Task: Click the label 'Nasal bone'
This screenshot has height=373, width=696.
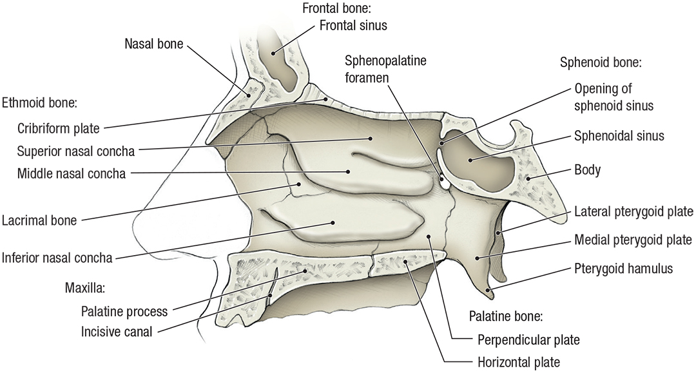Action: (x=154, y=44)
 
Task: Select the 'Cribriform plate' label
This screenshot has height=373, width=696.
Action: (x=59, y=128)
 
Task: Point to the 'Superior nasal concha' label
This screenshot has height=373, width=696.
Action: (x=76, y=152)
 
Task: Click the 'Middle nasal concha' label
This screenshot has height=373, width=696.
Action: (x=72, y=173)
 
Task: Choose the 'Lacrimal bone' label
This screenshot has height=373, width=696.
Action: (x=39, y=220)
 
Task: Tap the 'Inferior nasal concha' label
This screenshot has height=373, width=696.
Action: (x=57, y=258)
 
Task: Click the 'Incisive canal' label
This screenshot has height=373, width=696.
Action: (x=117, y=332)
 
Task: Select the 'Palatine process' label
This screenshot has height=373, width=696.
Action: (x=124, y=311)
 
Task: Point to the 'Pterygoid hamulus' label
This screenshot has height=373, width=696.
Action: (x=623, y=268)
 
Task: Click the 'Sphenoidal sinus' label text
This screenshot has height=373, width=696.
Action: (x=619, y=136)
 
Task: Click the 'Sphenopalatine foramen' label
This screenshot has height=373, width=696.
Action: (x=385, y=70)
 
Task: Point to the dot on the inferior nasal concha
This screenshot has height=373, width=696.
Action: (x=333, y=222)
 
